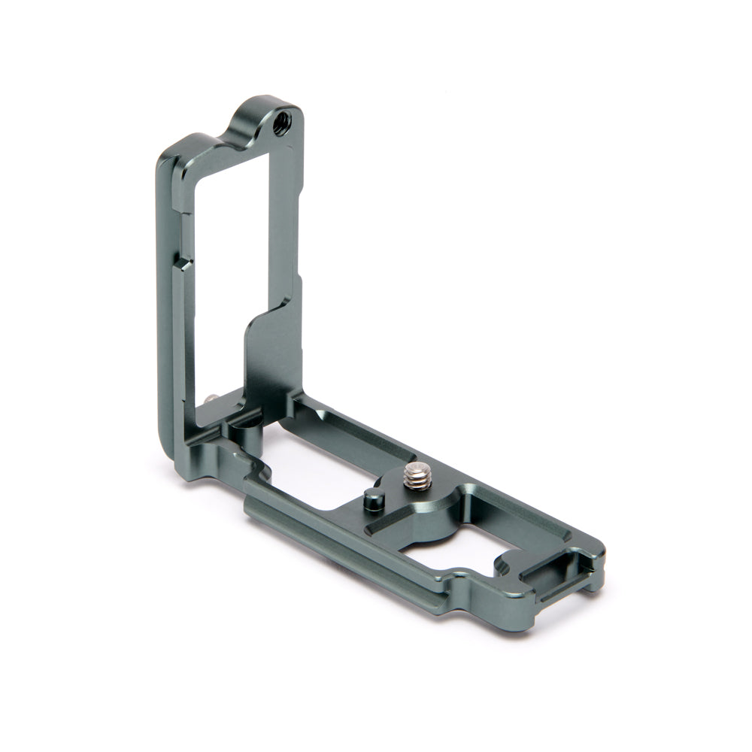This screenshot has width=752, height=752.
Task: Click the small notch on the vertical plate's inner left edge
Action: click(x=180, y=263)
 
